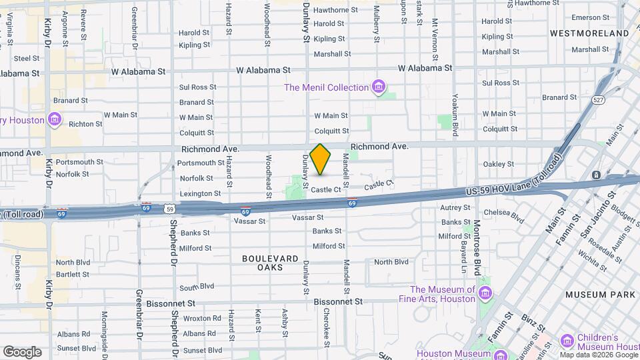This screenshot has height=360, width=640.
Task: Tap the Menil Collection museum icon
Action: (x=379, y=87)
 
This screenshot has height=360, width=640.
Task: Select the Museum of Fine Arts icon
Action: (x=485, y=294)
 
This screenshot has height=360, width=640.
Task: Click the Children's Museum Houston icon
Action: (x=567, y=341)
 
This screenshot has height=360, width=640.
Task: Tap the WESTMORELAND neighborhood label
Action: (x=590, y=33)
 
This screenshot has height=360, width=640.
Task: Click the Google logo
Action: (x=22, y=351)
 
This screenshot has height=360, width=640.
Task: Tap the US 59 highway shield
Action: (x=169, y=209)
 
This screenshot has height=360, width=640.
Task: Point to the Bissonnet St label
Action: (x=339, y=301)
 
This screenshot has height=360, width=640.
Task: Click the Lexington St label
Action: (x=200, y=193)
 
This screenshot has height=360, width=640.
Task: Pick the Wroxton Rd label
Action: (x=201, y=319)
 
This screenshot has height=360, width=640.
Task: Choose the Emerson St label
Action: (x=586, y=17)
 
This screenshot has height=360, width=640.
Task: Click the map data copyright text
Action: (x=599, y=355)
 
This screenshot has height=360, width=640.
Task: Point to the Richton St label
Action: (x=85, y=124)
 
